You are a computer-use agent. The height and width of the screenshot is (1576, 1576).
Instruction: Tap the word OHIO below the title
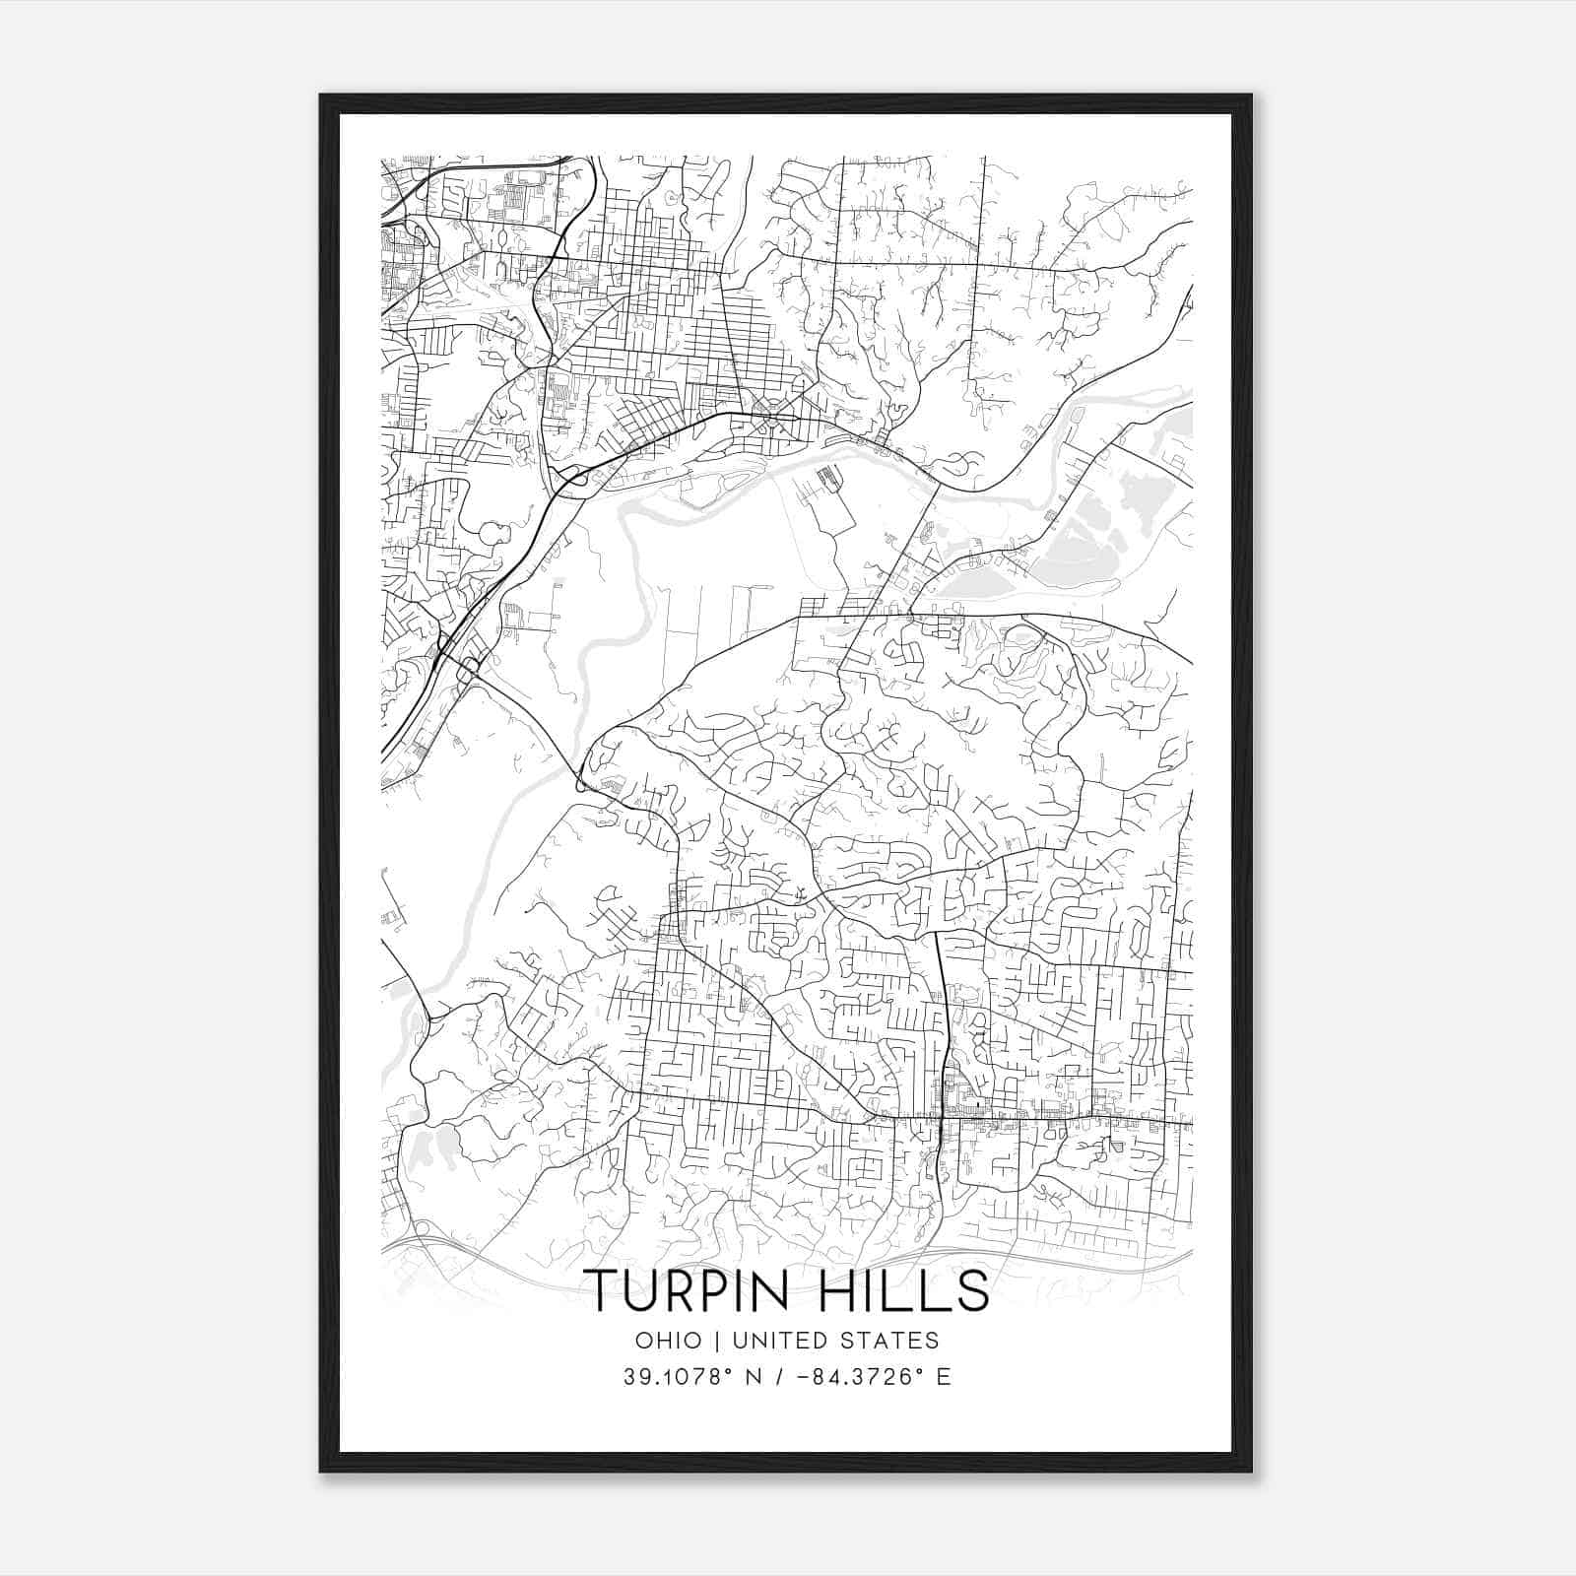point(669,1341)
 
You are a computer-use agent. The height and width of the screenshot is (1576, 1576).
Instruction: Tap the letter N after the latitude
point(755,1377)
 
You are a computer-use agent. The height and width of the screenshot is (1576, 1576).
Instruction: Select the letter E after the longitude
point(944,1377)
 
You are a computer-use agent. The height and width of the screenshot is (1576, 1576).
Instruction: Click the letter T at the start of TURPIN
point(600,1290)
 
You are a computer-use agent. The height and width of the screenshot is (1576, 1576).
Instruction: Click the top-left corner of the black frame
point(321,96)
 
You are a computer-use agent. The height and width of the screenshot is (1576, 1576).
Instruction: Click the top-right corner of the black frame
point(1251,96)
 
